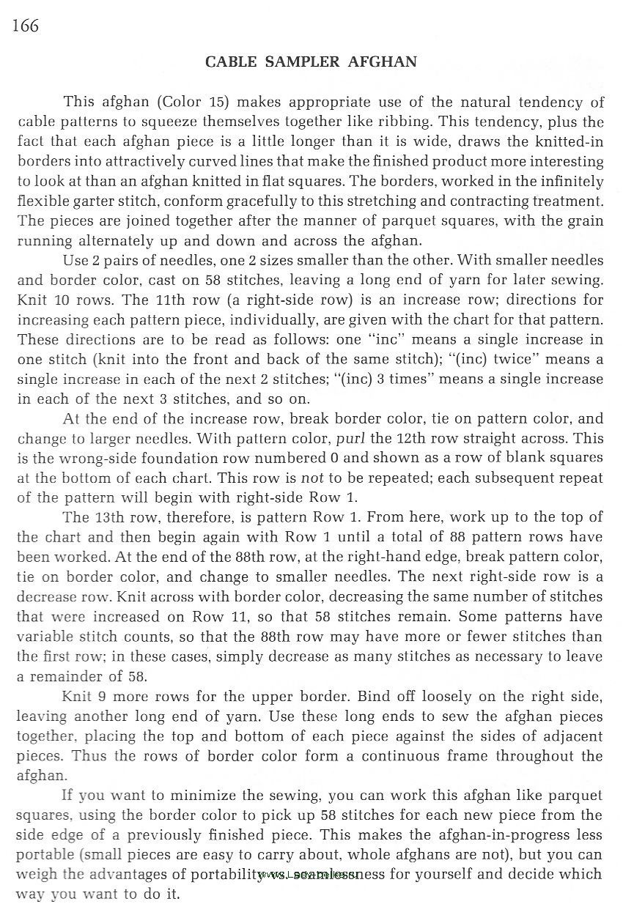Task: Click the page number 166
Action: click(x=25, y=26)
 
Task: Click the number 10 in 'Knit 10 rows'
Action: click(x=61, y=300)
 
